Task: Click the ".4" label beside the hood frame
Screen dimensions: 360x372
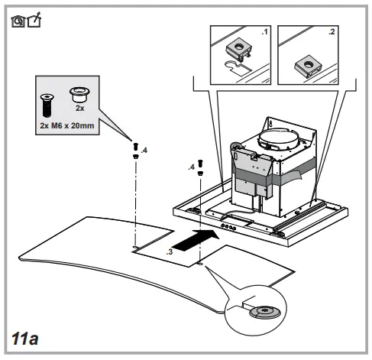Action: (191, 167)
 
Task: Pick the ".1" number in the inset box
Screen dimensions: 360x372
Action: (265, 32)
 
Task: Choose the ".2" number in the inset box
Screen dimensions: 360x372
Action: (331, 32)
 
